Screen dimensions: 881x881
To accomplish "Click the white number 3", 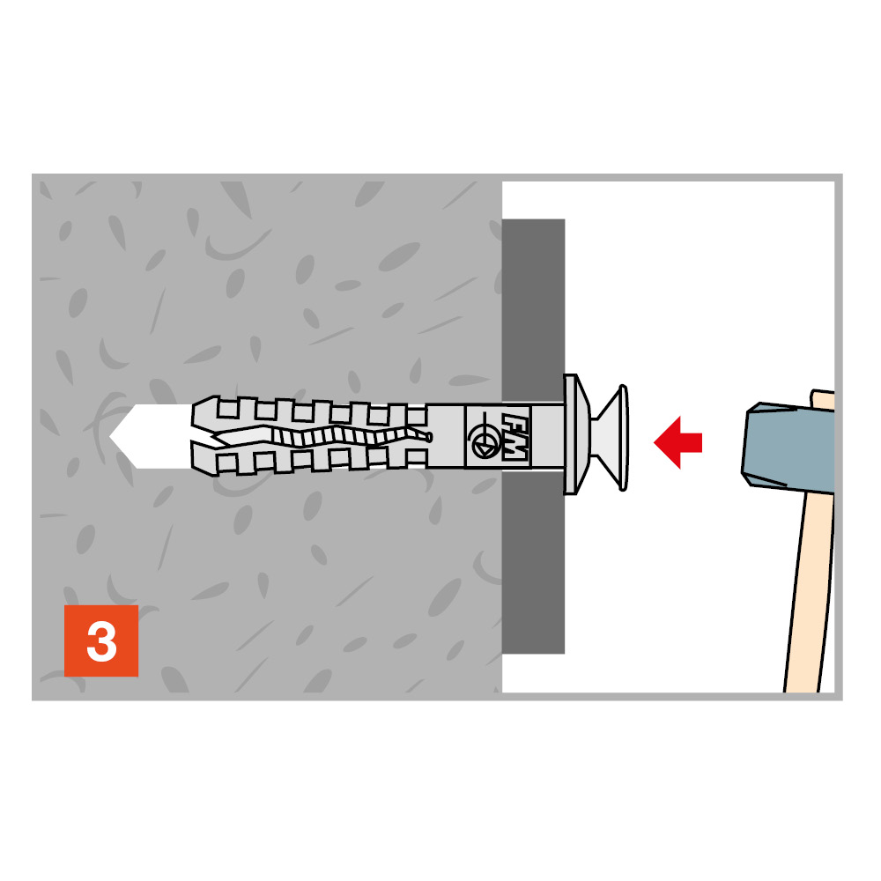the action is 101,641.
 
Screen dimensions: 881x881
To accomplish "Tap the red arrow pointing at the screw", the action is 677,442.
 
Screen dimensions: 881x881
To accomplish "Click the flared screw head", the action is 611,438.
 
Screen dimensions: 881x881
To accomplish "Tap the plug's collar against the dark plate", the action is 575,434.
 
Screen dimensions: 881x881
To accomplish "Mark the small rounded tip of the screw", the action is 428,437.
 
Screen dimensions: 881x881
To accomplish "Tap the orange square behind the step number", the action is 101,640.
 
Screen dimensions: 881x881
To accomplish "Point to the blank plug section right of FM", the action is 547,435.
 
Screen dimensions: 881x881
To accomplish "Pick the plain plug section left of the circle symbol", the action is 446,436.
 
